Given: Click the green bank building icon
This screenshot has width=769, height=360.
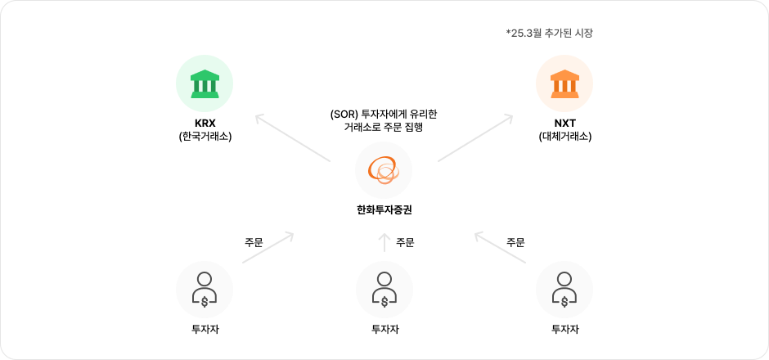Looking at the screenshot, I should coord(205,83).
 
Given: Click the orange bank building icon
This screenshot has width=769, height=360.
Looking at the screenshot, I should coord(564,83).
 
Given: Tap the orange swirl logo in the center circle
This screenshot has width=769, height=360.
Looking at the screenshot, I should coord(384,171).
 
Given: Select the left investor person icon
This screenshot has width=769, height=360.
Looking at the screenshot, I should coord(205,290).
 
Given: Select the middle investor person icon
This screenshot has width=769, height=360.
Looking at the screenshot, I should coord(384,290).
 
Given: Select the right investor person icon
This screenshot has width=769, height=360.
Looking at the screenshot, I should coord(564,290).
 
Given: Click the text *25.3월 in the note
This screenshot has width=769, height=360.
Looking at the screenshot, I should coord(525,34).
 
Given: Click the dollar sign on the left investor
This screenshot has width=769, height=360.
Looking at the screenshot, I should coord(205,301).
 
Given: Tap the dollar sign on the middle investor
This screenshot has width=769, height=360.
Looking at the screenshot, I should coord(384,301).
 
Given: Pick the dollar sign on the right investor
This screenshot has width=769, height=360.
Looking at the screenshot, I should coord(564,301).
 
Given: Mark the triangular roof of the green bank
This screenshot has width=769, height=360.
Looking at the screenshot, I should coord(205,75).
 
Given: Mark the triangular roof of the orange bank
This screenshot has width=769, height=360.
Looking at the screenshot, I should coord(564,75).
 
